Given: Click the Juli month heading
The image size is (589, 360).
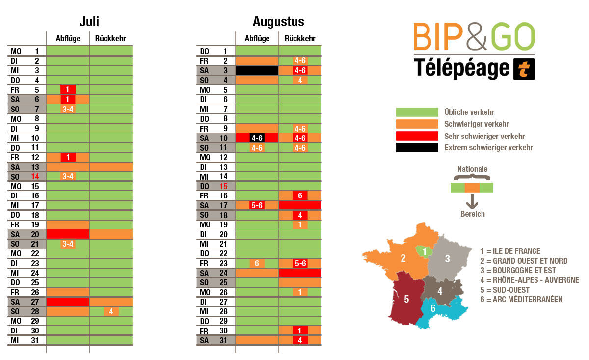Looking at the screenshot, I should pyautogui.click(x=89, y=22).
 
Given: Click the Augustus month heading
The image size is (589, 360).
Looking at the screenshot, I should pyautogui.click(x=278, y=22).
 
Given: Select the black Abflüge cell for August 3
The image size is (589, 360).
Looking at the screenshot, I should pyautogui.click(x=257, y=70).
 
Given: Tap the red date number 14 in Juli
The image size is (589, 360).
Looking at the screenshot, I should pyautogui.click(x=35, y=176).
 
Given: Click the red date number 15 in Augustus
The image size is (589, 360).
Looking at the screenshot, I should pyautogui.click(x=224, y=186).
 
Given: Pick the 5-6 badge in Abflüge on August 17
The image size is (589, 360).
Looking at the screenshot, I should pyautogui.click(x=257, y=205).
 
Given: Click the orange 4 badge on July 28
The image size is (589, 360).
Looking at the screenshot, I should pyautogui.click(x=111, y=311).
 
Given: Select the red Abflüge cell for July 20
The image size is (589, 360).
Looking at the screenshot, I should pyautogui.click(x=68, y=234).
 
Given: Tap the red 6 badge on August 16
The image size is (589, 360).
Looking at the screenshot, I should pyautogui.click(x=300, y=195).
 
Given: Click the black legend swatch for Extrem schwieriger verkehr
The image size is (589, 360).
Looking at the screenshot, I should pyautogui.click(x=417, y=147).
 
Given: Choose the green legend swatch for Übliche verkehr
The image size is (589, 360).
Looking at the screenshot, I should pyautogui.click(x=417, y=112).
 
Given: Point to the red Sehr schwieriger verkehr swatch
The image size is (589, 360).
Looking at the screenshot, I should pyautogui.click(x=417, y=136).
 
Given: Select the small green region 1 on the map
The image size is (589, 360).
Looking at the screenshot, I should pyautogui.click(x=424, y=251).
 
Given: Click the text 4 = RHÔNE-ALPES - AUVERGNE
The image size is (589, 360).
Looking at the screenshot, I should pyautogui.click(x=529, y=280).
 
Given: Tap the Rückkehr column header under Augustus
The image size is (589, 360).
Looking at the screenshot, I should pyautogui.click(x=300, y=39).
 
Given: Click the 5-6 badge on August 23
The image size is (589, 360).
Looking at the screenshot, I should pyautogui.click(x=300, y=263).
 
